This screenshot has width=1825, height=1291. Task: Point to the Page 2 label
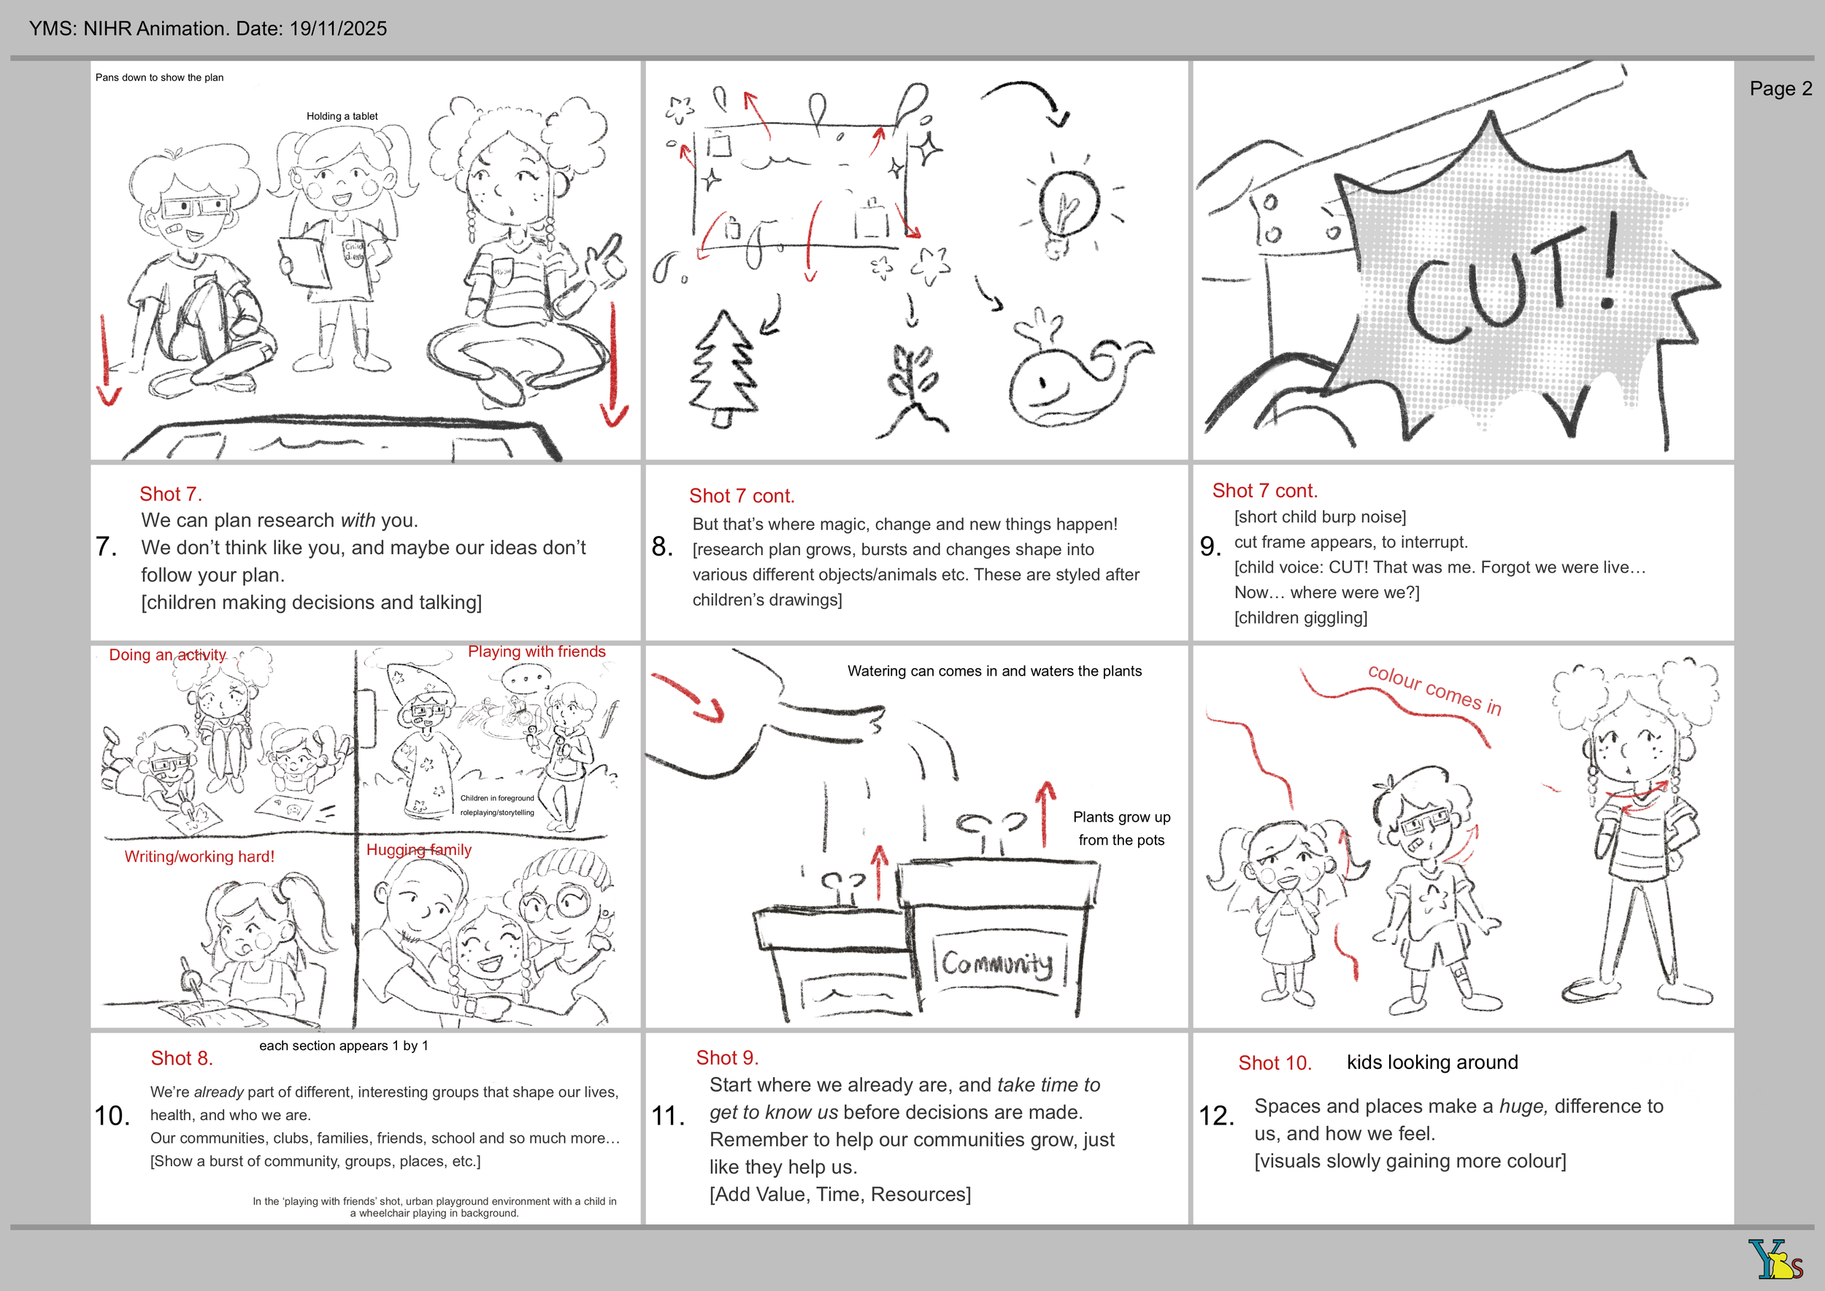click(1780, 88)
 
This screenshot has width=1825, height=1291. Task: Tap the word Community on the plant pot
click(998, 962)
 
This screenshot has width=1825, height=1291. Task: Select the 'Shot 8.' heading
click(182, 1058)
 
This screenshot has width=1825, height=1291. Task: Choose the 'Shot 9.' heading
click(727, 1057)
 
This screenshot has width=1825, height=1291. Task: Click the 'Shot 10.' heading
click(1275, 1063)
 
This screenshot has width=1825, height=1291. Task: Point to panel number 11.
click(669, 1116)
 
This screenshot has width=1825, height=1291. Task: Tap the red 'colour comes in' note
click(1434, 689)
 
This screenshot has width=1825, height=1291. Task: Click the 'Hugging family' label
click(419, 850)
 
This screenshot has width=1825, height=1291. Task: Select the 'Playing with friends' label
click(537, 651)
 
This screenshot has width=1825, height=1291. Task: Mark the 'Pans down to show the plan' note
click(159, 77)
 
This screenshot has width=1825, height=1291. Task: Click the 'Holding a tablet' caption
click(342, 116)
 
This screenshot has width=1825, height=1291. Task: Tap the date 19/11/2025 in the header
click(338, 28)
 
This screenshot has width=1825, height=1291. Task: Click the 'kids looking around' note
click(1432, 1062)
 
